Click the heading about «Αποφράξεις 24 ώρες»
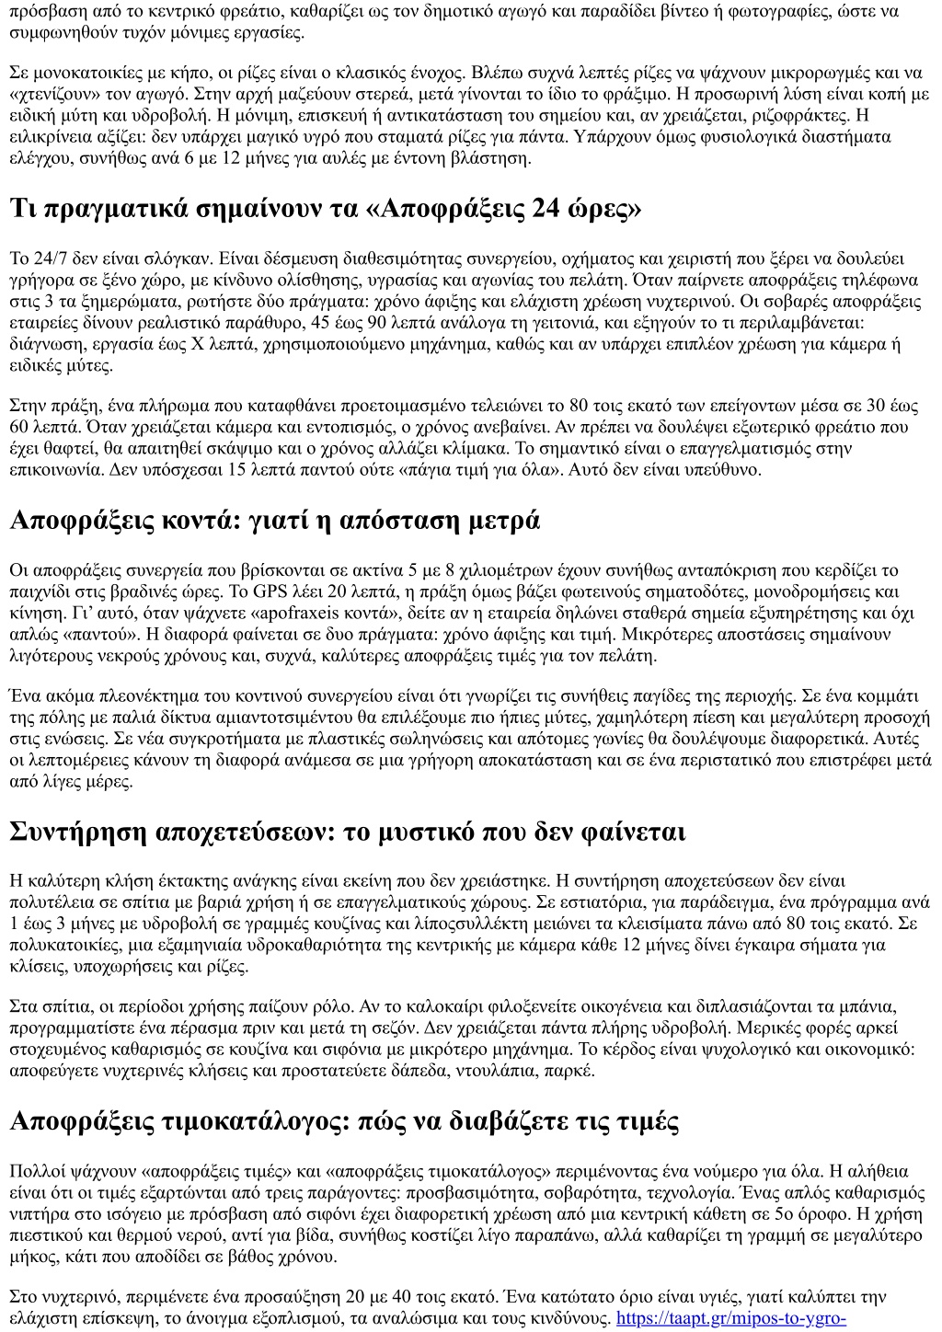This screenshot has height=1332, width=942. (x=326, y=209)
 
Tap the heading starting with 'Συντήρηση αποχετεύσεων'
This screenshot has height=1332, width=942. (x=347, y=832)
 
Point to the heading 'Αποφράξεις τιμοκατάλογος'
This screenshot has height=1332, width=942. (x=344, y=1121)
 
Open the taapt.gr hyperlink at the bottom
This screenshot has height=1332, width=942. (x=730, y=1318)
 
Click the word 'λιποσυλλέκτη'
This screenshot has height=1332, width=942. (x=408, y=923)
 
